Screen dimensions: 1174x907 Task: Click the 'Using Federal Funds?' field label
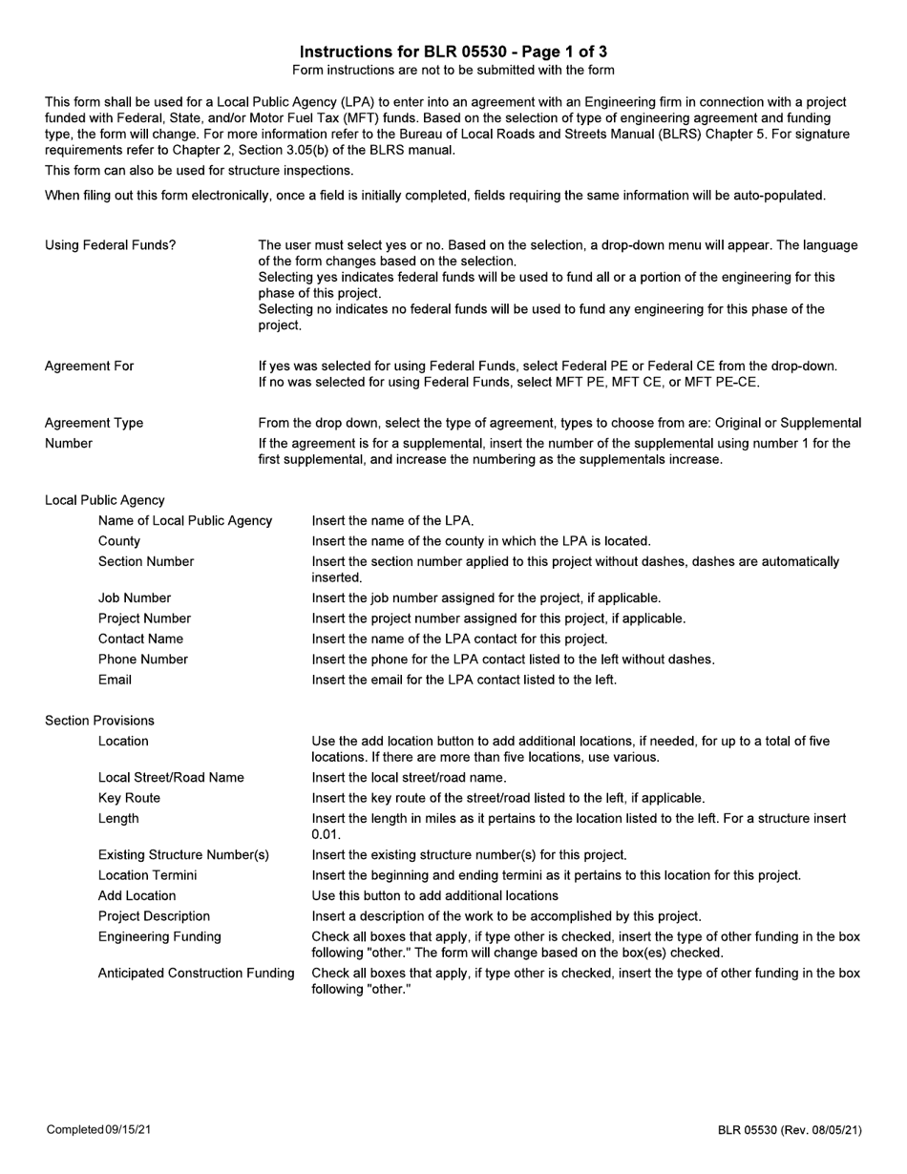(110, 245)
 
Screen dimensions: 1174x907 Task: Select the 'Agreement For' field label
(90, 366)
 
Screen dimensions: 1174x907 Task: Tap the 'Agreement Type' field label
(95, 423)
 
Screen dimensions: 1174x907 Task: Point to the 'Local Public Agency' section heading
(105, 500)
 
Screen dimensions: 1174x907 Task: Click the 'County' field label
(119, 541)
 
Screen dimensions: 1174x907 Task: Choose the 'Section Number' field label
(146, 561)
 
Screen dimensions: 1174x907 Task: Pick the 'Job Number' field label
(135, 598)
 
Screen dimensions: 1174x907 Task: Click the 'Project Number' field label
(144, 618)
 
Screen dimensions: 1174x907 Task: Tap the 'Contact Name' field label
(140, 639)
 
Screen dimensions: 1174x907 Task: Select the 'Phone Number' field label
(143, 660)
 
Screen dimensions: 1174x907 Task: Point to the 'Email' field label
(115, 680)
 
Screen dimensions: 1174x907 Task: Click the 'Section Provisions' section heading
(99, 721)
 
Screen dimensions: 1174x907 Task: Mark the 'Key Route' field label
(129, 798)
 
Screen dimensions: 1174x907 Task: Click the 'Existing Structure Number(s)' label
(183, 854)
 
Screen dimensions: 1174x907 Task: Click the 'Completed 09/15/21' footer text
(99, 1130)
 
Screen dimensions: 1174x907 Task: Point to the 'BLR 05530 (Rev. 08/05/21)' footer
(790, 1130)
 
